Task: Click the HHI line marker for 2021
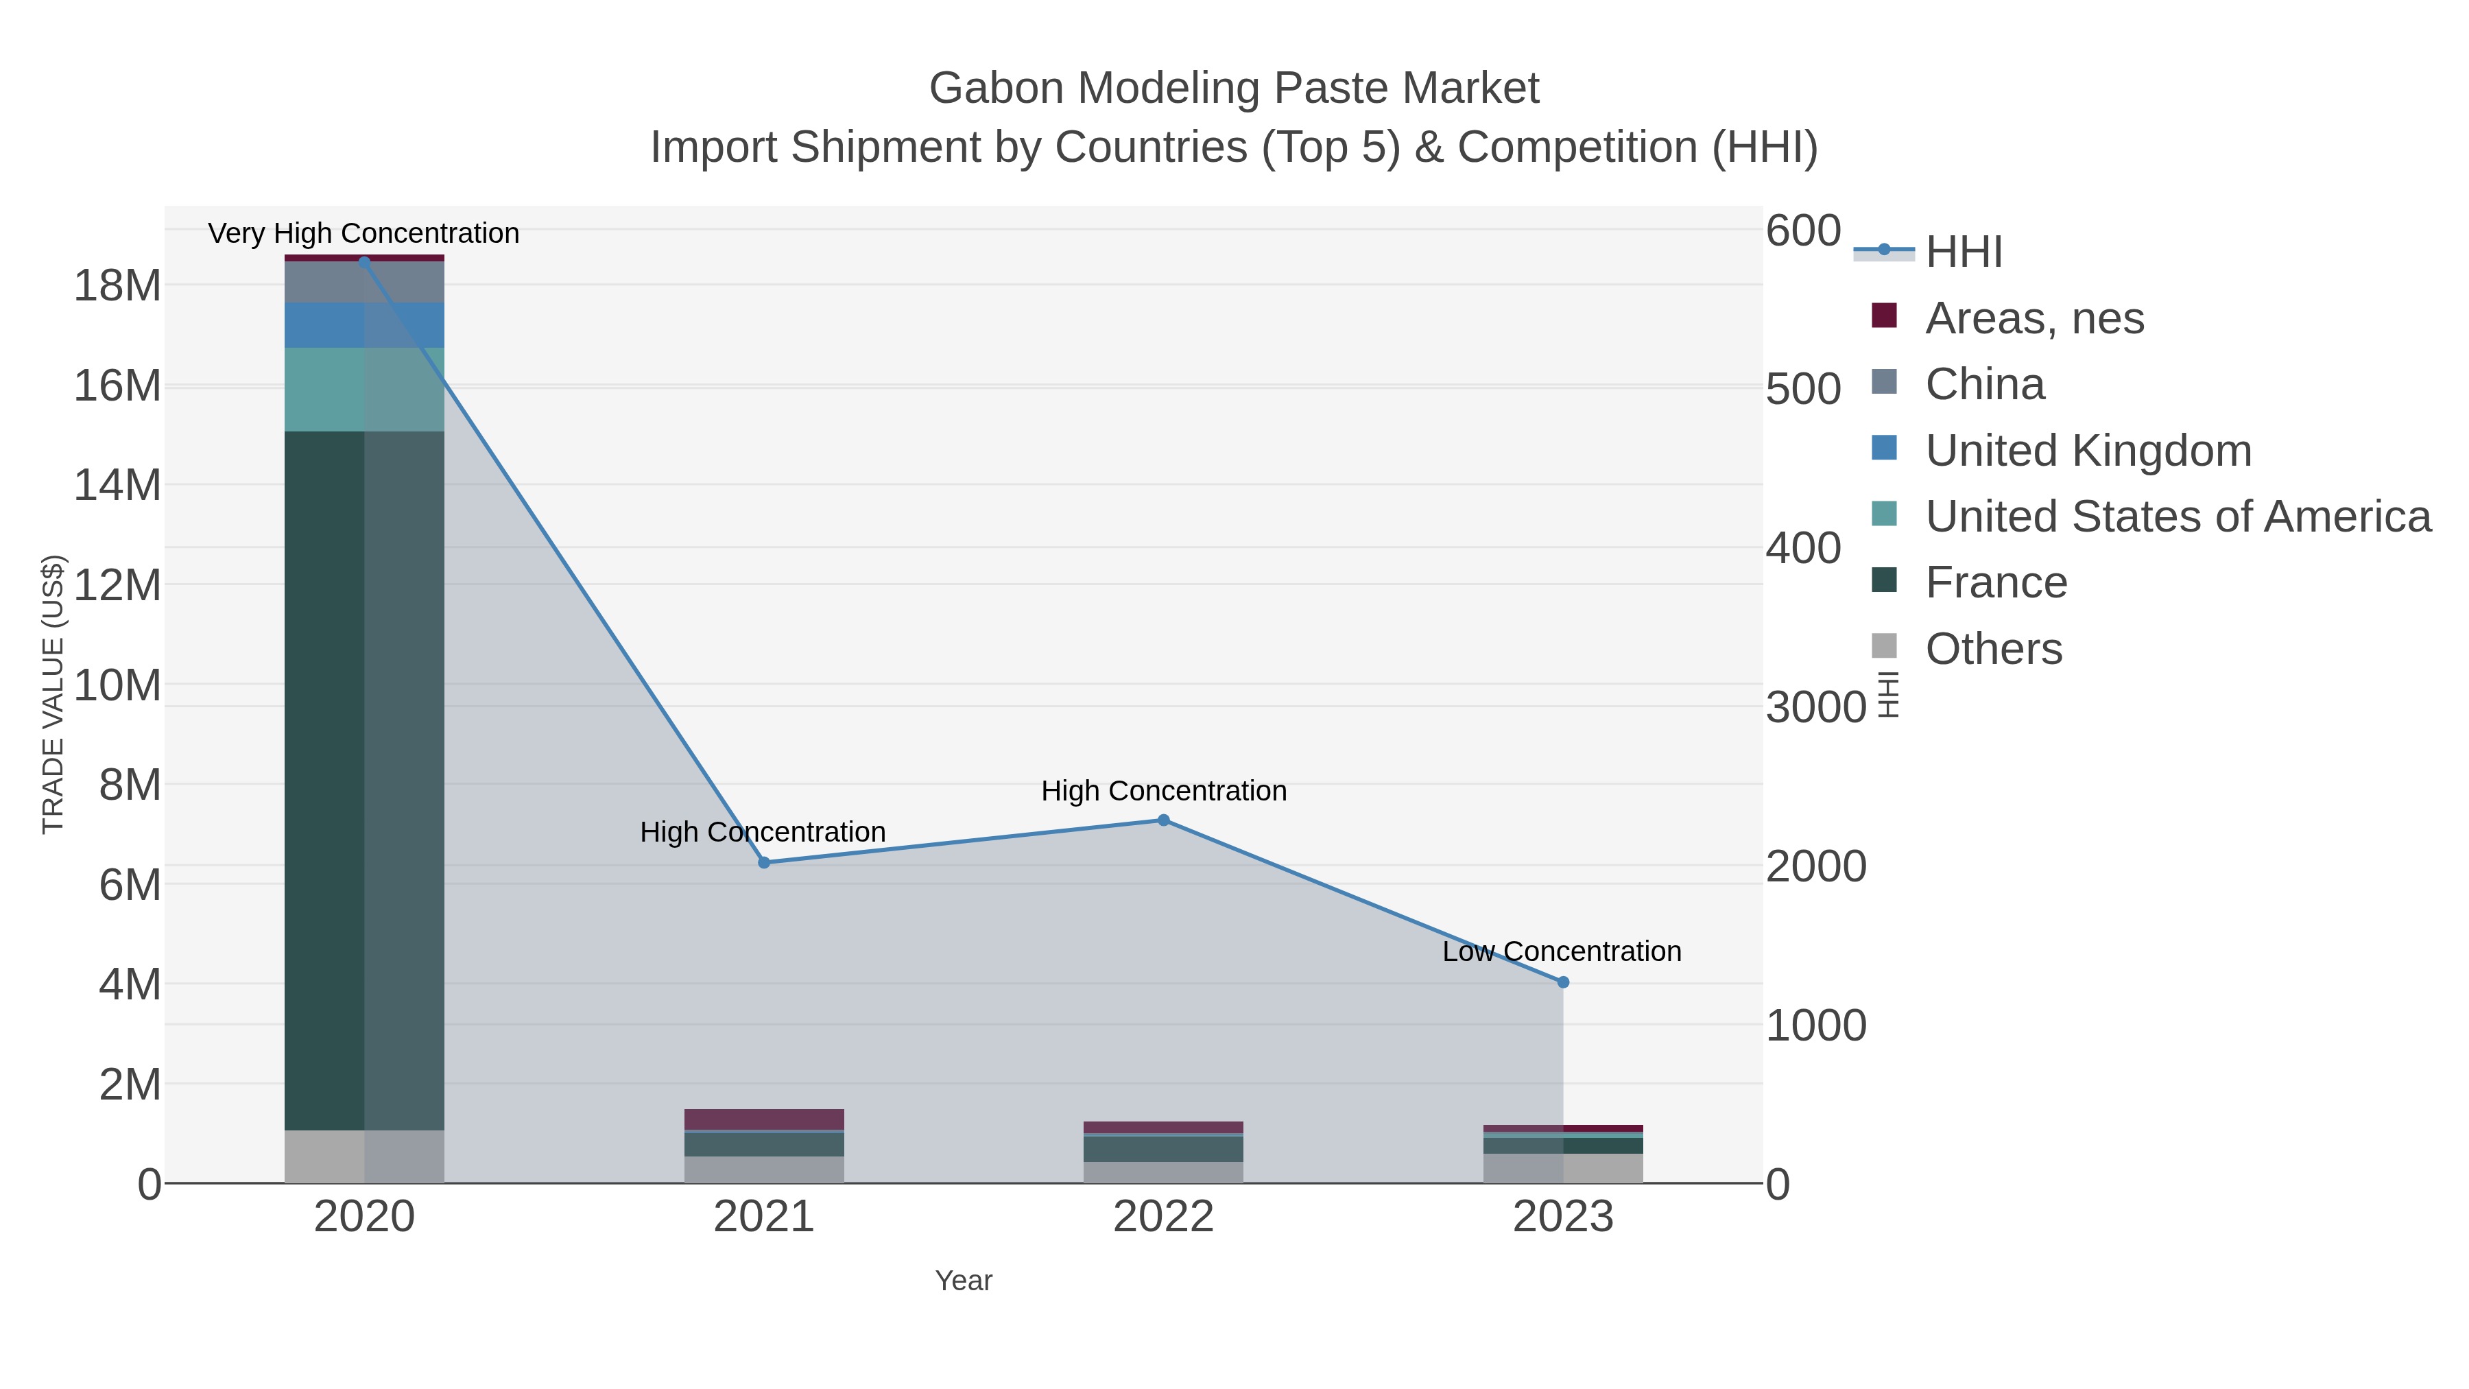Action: coord(764,863)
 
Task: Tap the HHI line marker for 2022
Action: coord(1164,820)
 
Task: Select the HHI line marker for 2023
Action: coord(1563,982)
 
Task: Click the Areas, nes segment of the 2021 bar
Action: coord(764,1119)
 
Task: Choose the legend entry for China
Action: coord(1984,384)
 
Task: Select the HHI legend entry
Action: coord(1963,252)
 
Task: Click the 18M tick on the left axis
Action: coord(117,285)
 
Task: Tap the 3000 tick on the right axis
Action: coord(1815,707)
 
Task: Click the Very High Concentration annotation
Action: coord(363,234)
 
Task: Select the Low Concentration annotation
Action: coord(1562,952)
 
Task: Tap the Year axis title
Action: coord(964,1281)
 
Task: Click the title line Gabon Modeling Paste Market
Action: coord(1234,88)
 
